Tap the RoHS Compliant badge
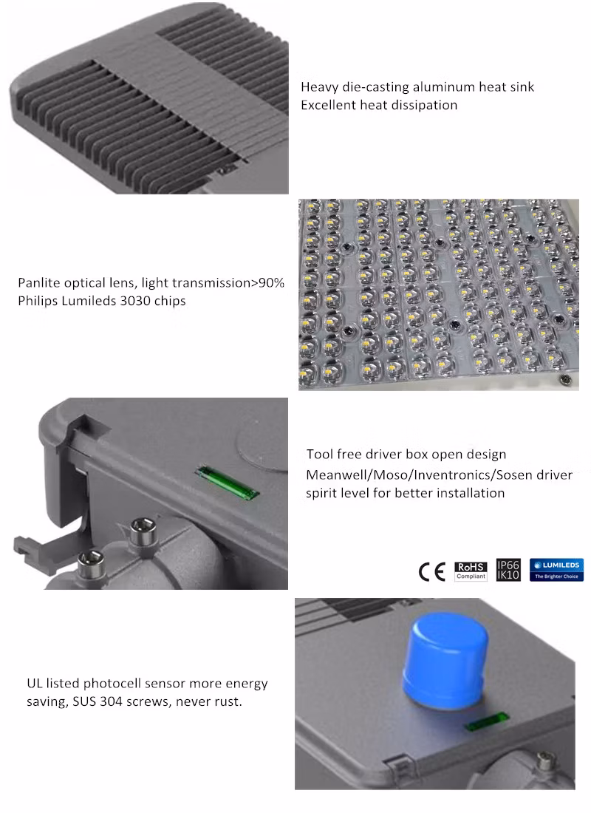pos(471,571)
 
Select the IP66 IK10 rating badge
pos(509,569)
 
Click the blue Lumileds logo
pos(556,570)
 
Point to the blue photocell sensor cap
pos(445,658)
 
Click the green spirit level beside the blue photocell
pos(487,721)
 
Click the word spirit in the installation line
pos(323,493)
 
